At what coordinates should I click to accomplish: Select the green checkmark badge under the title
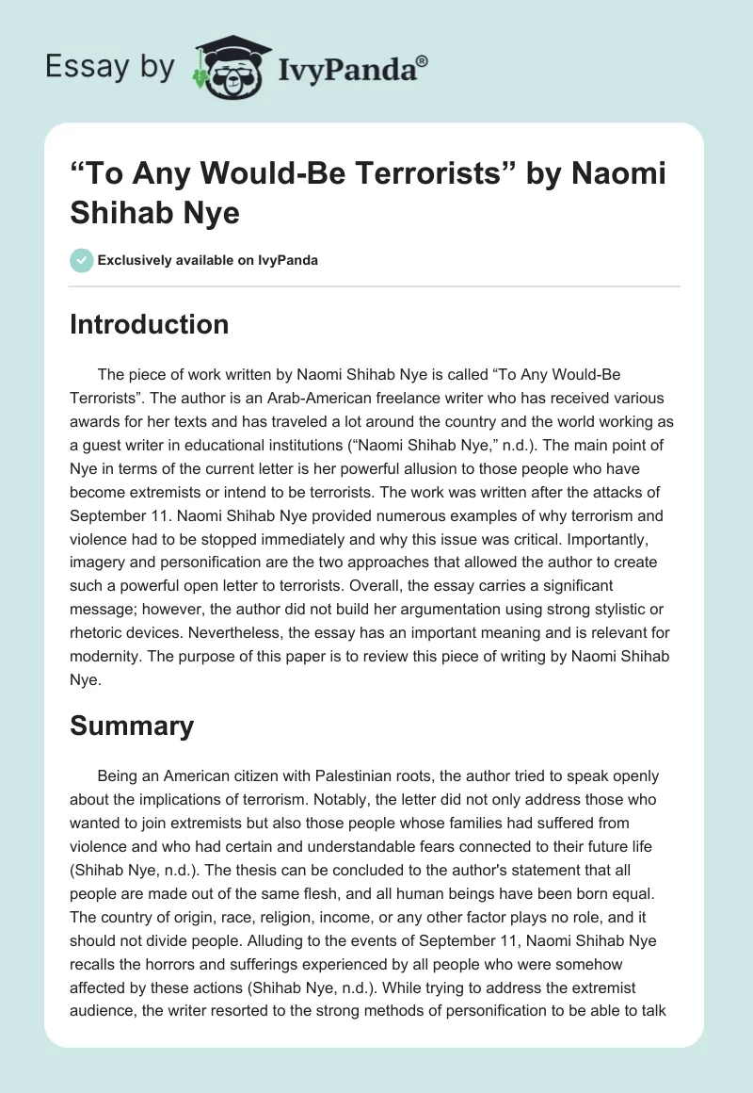(x=82, y=260)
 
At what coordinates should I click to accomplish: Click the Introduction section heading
(x=150, y=324)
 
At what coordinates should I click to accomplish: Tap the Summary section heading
(x=132, y=726)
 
